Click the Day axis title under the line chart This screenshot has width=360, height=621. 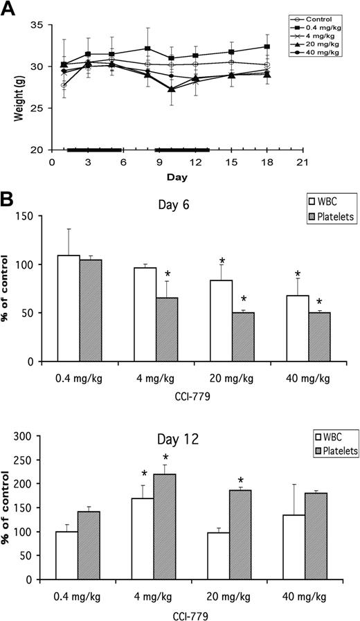tap(175, 177)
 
